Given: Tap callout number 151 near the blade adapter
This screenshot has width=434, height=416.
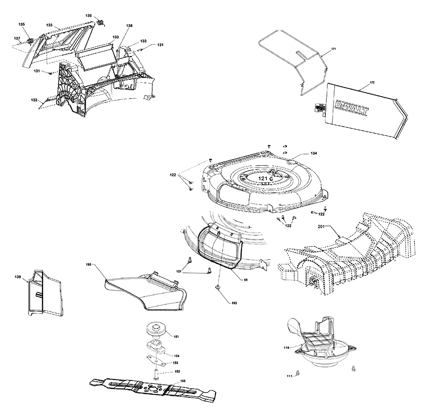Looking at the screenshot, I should pyautogui.click(x=176, y=336).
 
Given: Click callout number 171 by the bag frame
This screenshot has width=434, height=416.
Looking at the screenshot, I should pyautogui.click(x=334, y=50).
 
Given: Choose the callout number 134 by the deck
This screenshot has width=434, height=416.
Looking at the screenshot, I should pyautogui.click(x=313, y=154).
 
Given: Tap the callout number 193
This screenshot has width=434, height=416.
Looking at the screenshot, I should pyautogui.click(x=89, y=264).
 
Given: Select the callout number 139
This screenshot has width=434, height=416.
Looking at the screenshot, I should pyautogui.click(x=18, y=276).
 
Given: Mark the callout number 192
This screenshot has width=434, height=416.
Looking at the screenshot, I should pyautogui.click(x=234, y=303).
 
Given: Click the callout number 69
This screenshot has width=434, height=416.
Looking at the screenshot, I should pyautogui.click(x=246, y=280).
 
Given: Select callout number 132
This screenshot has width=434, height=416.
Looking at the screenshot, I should pyautogui.click(x=34, y=100).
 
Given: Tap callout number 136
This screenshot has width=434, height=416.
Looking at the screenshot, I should pyautogui.click(x=89, y=16).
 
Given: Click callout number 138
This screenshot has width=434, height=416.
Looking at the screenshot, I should pyautogui.click(x=129, y=26).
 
